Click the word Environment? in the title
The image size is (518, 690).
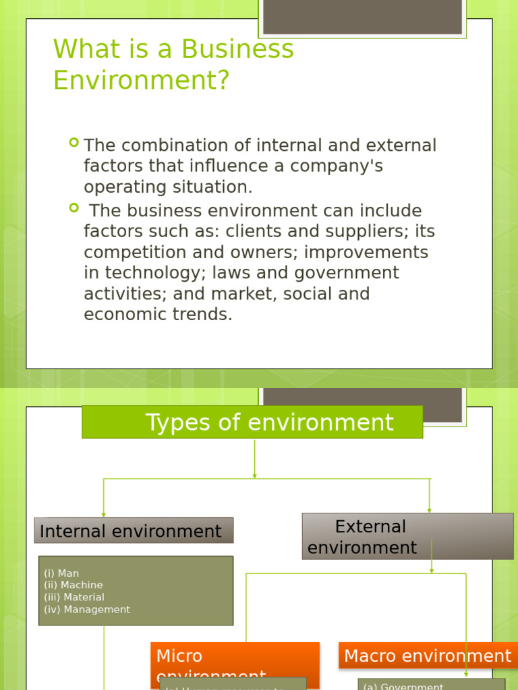(x=142, y=81)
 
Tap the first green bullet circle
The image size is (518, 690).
(x=74, y=143)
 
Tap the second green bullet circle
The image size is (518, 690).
(x=74, y=208)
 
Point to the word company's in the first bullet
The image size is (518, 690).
(x=340, y=166)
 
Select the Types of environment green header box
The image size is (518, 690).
(x=252, y=422)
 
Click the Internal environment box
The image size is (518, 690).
(x=134, y=530)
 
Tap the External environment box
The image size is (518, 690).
(x=407, y=536)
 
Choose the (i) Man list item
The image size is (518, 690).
(x=61, y=573)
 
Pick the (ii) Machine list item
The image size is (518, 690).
(x=74, y=585)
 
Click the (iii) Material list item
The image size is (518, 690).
(x=74, y=597)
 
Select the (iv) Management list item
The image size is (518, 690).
(x=87, y=609)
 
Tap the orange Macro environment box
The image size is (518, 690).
(x=428, y=656)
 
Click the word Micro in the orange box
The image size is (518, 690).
(x=179, y=656)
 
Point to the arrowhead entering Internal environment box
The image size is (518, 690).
(x=104, y=513)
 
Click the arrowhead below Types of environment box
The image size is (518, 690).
(x=254, y=475)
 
